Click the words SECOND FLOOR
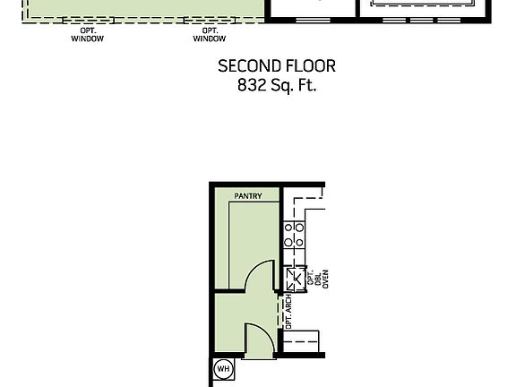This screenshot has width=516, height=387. point(277,66)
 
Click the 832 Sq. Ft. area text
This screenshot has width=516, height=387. point(277,86)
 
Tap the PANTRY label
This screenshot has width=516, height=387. point(248,195)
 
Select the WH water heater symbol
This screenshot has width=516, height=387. point(223,369)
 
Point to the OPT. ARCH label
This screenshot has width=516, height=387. point(288,310)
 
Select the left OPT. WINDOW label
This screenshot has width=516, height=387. point(87,35)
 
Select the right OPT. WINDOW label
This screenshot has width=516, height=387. point(210,35)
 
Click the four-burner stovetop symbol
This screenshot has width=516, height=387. point(294,236)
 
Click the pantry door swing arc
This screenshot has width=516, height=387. point(260,274)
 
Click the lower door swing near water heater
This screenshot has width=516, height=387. point(259,340)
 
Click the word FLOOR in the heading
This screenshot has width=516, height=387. point(311,66)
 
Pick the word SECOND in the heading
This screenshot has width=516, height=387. point(250,66)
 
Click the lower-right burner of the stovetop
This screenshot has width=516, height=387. point(299,242)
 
